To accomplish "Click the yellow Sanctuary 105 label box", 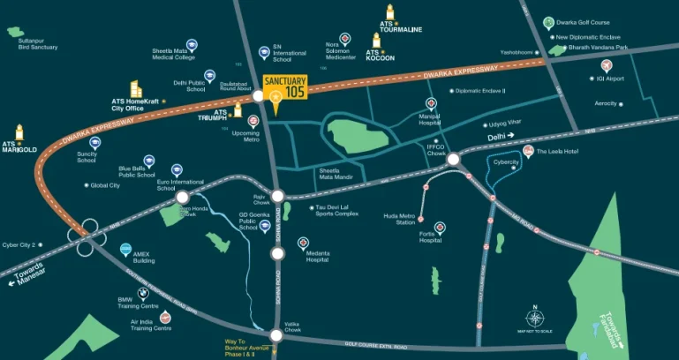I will pos(284,87).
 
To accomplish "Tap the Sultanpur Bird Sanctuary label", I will pos(26,45).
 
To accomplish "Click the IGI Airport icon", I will pos(607,66).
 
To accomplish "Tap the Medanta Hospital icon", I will pos(304,242).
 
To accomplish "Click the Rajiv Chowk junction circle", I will pos(277,197).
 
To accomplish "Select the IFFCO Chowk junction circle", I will pos(453,160).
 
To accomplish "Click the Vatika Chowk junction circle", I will pos(277,335).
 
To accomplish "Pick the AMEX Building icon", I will pos(125,249).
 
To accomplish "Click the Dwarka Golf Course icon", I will pos(549,23).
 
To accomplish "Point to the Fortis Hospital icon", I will pos(440,228).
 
